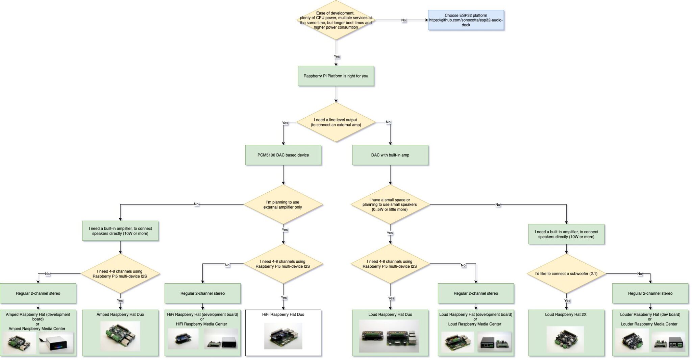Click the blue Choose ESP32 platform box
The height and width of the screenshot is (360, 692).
pos(466,20)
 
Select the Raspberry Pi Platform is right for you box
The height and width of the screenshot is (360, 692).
pos(336,76)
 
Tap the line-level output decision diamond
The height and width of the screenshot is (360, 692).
pos(336,122)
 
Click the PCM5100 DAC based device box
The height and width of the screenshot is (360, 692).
pos(283,155)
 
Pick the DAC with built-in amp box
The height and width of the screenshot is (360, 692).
pos(390,155)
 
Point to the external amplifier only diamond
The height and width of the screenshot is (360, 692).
pos(283,205)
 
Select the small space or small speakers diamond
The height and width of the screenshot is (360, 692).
pos(390,205)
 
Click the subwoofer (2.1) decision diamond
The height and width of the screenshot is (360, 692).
pos(566,273)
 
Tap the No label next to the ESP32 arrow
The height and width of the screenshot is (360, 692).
pos(403,20)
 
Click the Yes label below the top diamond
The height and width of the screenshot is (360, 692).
pos(337,56)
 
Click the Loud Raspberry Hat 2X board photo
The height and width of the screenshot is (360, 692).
pos(565,339)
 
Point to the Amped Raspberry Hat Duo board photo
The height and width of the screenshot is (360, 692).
pos(120,336)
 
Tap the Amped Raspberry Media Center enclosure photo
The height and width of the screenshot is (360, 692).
pos(56,342)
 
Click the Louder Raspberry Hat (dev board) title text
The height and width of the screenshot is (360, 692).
pos(650,314)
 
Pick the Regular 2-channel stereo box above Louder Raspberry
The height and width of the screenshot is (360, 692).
pos(650,293)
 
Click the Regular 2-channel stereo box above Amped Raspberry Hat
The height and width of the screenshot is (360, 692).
pos(38,293)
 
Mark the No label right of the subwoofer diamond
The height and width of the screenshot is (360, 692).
pos(639,274)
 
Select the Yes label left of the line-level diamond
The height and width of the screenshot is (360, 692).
pos(285,123)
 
